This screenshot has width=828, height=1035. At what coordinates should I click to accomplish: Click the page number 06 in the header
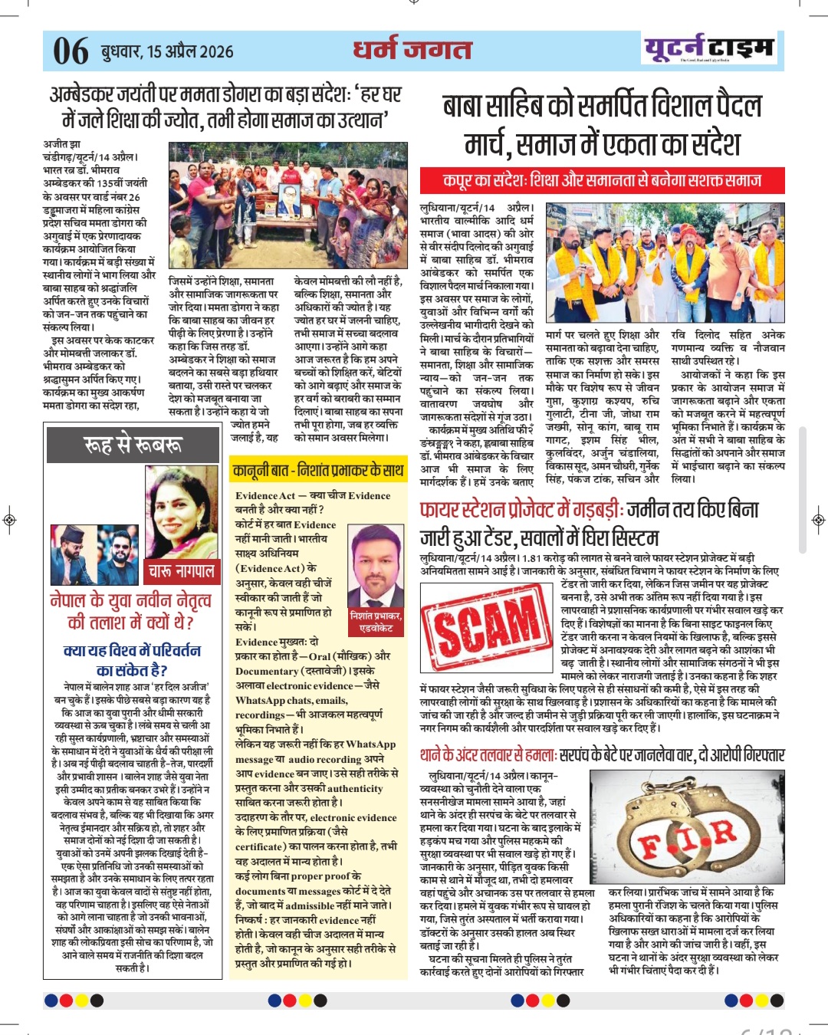71,51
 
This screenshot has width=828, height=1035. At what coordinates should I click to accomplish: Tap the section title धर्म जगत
412,50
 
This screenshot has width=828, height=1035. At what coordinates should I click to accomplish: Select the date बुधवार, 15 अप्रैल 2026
167,51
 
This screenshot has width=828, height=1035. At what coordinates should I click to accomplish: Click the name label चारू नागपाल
182,571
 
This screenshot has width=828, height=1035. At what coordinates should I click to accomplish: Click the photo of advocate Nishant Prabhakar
376,566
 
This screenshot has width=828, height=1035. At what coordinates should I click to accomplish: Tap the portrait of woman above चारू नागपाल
181,514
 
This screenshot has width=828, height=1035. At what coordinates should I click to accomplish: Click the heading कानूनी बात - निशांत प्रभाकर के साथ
318,469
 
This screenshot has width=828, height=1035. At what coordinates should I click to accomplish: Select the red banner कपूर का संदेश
602,181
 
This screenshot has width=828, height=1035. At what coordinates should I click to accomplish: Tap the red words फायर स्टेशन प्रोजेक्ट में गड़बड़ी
521,510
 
